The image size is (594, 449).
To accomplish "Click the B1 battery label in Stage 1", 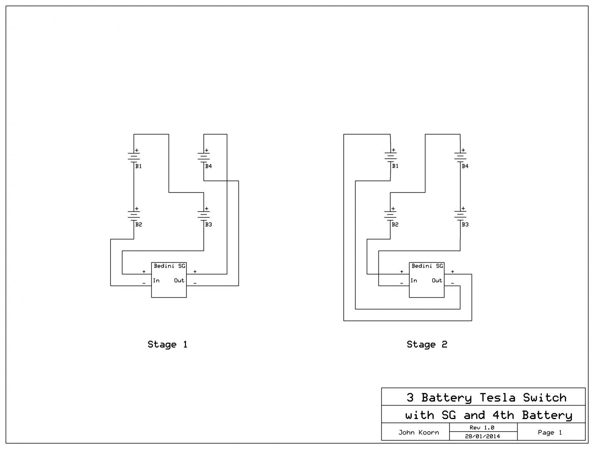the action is [x=138, y=166].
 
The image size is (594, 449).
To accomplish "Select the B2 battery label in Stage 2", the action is [x=395, y=224].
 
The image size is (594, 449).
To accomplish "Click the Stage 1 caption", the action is [x=167, y=344].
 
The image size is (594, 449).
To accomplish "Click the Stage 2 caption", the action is [x=427, y=344].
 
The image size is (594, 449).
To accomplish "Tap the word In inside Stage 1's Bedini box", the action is [x=156, y=281].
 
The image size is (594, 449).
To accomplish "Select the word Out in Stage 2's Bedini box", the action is [x=437, y=281].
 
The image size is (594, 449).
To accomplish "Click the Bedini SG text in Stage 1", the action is [x=169, y=266].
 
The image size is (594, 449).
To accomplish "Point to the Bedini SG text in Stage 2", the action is [x=427, y=266].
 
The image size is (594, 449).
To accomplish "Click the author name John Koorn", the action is [x=419, y=432].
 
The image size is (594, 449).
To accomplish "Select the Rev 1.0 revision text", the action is [x=482, y=428].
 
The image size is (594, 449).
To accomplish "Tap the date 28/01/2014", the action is [x=482, y=436].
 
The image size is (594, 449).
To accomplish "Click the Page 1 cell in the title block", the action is [x=550, y=432].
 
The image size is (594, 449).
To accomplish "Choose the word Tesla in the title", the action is [x=497, y=398].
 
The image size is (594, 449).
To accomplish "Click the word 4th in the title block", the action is [x=503, y=415].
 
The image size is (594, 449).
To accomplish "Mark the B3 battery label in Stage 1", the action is [x=208, y=224].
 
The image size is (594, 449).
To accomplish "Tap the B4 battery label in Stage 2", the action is [x=465, y=166].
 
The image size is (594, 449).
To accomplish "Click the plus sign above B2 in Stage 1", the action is [x=137, y=208].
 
